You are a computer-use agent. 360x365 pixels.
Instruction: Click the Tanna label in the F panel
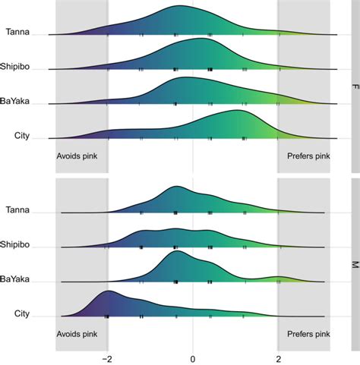[18, 31]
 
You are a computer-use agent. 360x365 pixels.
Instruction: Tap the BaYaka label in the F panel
[16, 101]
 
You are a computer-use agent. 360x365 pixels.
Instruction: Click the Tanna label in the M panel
[18, 210]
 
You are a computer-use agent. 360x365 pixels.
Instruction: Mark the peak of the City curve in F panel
[238, 111]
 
